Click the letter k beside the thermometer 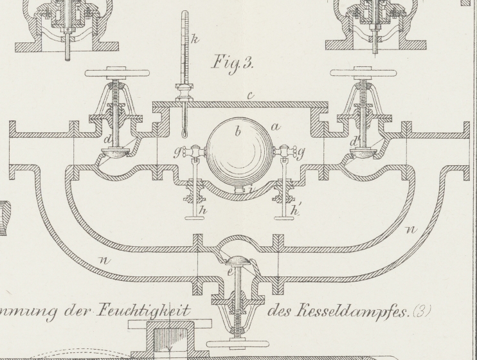coord(195,40)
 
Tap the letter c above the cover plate coord(251,96)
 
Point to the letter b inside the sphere coord(238,132)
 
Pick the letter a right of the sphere coord(275,127)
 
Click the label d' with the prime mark coord(353,140)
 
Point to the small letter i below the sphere coord(251,188)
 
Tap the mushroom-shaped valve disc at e coord(239,260)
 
